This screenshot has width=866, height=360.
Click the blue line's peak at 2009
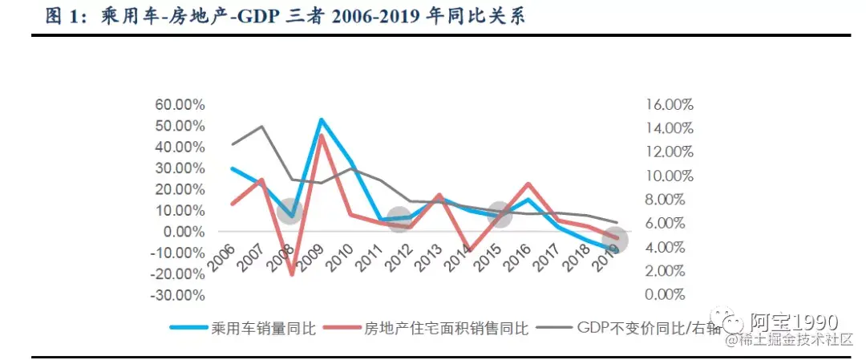click(x=321, y=120)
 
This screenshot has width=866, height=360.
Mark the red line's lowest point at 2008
click(x=291, y=275)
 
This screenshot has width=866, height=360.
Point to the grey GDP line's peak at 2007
click(x=261, y=127)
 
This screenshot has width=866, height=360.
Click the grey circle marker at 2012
click(x=399, y=218)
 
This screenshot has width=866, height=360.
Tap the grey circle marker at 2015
click(x=498, y=214)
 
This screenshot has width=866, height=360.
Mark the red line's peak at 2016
click(x=528, y=184)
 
